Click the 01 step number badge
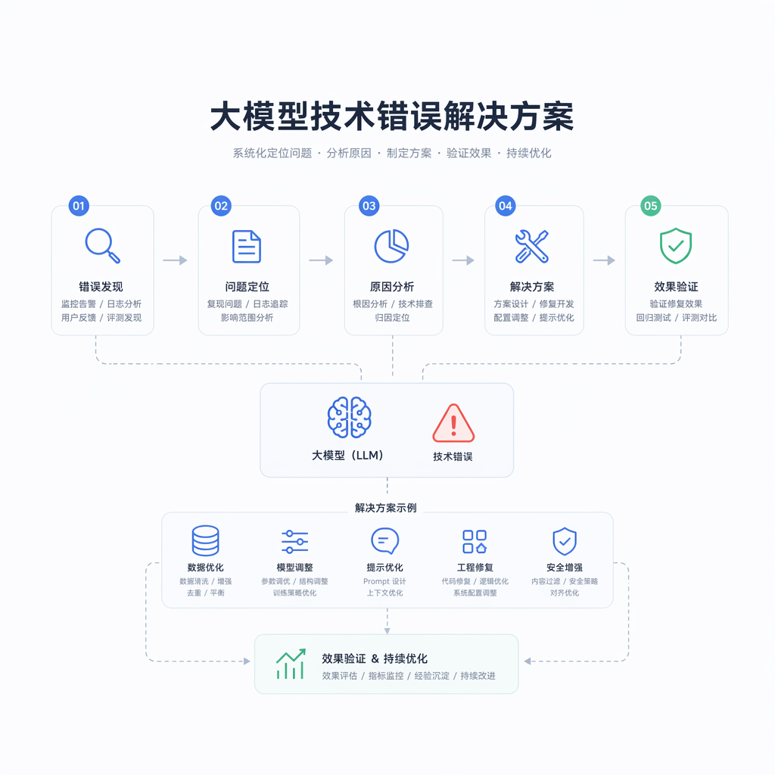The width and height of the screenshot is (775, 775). pos(79,206)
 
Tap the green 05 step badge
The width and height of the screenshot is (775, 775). pos(650,206)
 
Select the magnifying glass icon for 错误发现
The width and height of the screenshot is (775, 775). pos(102,246)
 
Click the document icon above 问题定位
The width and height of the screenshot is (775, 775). pos(247,246)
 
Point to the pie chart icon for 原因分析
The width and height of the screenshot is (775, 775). pos(391,246)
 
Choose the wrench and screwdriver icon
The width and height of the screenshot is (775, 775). pos(532,246)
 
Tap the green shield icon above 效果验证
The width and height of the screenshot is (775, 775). pos(676,246)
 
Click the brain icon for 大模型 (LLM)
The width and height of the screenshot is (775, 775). pos(350,418)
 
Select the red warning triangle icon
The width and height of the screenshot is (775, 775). pos(453,423)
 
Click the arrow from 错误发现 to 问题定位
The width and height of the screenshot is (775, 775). pos(175,260)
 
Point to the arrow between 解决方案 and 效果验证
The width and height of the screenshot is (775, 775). pos(604,260)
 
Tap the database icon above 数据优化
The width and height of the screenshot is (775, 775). pos(206,540)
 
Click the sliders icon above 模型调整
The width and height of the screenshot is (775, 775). pos(294,542)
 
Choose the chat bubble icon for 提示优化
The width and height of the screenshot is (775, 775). pos(384,541)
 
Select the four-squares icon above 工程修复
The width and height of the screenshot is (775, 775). pos(475,542)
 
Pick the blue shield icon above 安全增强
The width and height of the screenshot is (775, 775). pos(565,541)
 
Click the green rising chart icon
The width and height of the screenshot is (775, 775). pos(291,664)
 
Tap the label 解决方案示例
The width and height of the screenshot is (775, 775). pos(385,508)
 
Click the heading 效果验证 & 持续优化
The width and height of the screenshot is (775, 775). pos(375,659)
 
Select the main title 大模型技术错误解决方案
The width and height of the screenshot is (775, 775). pos(392,117)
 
